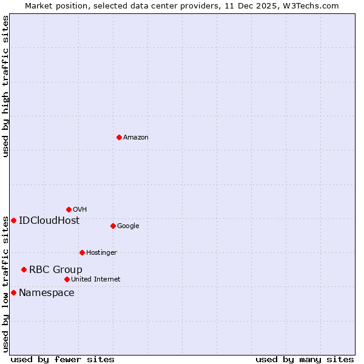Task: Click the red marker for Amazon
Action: pyautogui.click(x=119, y=137)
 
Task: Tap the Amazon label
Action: pyautogui.click(x=136, y=138)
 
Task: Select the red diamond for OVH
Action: pyautogui.click(x=69, y=209)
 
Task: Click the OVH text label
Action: pyautogui.click(x=79, y=210)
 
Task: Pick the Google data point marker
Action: pyautogui.click(x=113, y=226)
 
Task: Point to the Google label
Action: pyautogui.click(x=128, y=226)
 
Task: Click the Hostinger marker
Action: pyautogui.click(x=82, y=252)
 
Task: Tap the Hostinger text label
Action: pyautogui.click(x=101, y=253)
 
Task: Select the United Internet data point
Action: pyautogui.click(x=67, y=279)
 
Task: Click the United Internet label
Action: pyautogui.click(x=95, y=280)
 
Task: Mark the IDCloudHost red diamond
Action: pyautogui.click(x=13, y=220)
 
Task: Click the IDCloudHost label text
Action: pyautogui.click(x=49, y=221)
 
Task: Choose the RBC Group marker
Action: pyautogui.click(x=24, y=269)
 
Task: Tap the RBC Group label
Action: pyautogui.click(x=56, y=270)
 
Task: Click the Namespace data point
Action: pyautogui.click(x=13, y=292)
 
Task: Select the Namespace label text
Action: pyautogui.click(x=47, y=293)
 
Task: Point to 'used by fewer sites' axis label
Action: pyautogui.click(x=62, y=360)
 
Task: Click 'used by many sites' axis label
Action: pyautogui.click(x=305, y=360)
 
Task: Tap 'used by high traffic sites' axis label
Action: pyautogui.click(x=6, y=86)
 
